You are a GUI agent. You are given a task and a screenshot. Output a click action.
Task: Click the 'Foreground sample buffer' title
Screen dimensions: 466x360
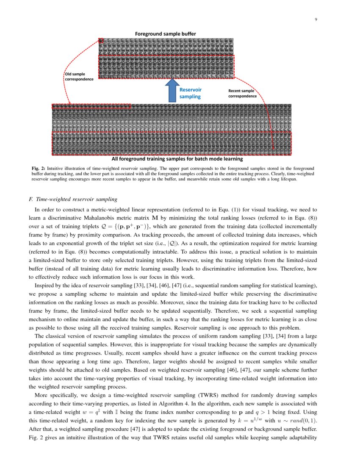165,33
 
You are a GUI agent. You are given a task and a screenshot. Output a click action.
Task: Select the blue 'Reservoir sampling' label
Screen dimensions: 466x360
191,93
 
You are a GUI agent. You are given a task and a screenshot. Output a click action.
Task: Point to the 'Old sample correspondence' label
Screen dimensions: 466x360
79,77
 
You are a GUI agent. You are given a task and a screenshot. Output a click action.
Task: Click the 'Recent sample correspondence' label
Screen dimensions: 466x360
242,93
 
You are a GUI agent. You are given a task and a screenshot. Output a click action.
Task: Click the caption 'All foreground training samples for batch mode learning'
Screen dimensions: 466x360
177,159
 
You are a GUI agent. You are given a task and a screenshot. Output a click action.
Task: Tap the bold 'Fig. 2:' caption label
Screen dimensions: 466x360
39,168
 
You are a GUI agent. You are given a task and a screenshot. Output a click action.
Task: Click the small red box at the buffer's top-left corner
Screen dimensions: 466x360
101,41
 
